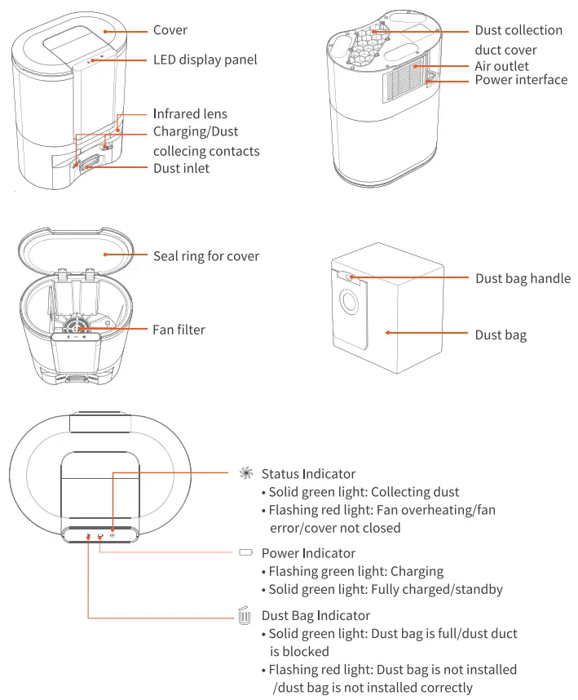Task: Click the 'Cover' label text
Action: [x=170, y=30]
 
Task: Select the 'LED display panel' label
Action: [x=205, y=60]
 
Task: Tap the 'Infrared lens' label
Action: [x=190, y=113]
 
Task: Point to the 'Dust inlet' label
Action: [x=181, y=168]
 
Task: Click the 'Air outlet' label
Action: [x=502, y=66]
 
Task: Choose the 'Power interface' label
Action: [x=521, y=80]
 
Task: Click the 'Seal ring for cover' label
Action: [x=206, y=256]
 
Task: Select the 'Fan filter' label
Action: [x=179, y=330]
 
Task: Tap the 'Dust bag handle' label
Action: [x=523, y=278]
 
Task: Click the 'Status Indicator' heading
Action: [x=308, y=474]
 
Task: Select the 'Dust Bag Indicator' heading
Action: [x=315, y=615]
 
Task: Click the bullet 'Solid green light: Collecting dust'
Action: [x=364, y=492]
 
